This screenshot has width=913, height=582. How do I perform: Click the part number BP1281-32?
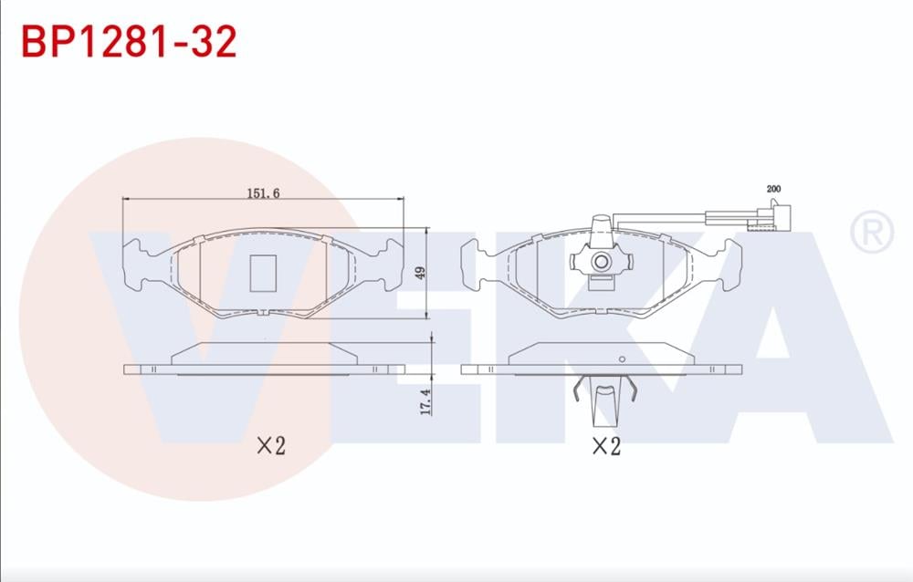(129, 41)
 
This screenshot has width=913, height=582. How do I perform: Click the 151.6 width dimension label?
(263, 192)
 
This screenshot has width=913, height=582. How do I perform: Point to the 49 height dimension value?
(420, 273)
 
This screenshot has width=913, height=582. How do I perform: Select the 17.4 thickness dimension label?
(425, 402)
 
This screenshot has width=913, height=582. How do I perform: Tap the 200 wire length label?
(774, 189)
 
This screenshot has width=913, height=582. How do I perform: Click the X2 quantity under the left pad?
(271, 446)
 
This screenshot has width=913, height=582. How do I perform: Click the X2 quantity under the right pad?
(606, 446)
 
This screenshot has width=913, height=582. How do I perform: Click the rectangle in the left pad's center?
(263, 273)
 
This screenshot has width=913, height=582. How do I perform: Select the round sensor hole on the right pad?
(601, 261)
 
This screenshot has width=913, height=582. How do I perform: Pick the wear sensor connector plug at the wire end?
(771, 216)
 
